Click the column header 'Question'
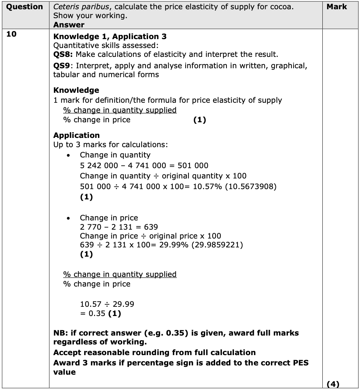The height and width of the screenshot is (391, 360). [24, 7]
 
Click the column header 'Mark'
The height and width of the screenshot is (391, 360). [337, 7]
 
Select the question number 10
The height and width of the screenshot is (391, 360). [12, 34]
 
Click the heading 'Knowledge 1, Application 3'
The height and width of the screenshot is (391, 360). [110, 37]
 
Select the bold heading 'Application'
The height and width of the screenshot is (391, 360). [76, 135]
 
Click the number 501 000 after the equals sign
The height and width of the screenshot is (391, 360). [193, 166]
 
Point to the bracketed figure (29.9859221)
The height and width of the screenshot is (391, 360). [217, 245]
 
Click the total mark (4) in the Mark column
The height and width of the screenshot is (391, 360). [332, 384]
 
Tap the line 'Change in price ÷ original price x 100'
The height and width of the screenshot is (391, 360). [150, 236]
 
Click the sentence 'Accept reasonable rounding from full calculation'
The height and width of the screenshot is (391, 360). [154, 353]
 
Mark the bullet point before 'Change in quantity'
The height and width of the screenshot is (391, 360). [73, 155]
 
